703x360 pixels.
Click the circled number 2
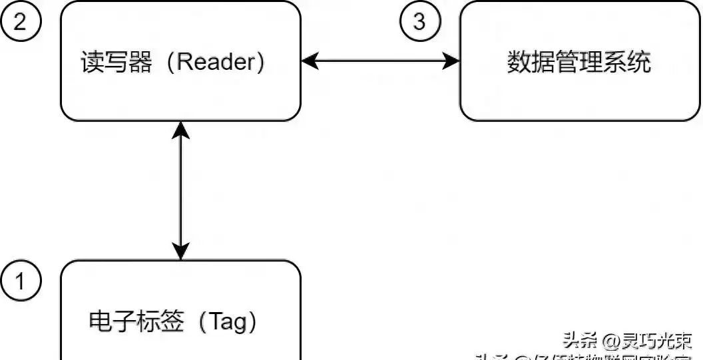[x=20, y=21]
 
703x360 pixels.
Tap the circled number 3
[x=419, y=21]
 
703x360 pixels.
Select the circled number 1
[x=20, y=282]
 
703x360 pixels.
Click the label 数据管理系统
[x=579, y=63]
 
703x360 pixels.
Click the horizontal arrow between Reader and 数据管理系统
[x=380, y=61]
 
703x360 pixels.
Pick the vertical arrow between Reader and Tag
[x=180, y=190]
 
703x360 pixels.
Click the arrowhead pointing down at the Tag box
[x=180, y=251]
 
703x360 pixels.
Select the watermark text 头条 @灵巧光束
[x=628, y=341]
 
